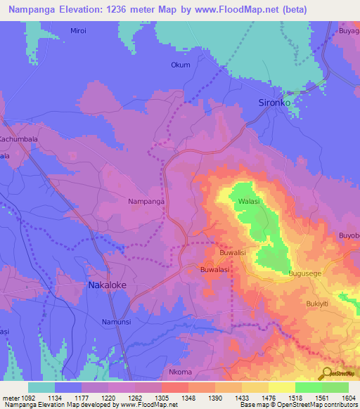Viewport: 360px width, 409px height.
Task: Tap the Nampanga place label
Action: coord(146,202)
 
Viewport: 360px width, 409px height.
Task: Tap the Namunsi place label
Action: coord(117,321)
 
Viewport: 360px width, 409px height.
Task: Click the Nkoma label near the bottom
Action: coord(181,371)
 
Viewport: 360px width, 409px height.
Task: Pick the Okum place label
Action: coord(181,65)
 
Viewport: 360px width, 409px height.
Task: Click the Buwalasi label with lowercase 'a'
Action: coord(217,268)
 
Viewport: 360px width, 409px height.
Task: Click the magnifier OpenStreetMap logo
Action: coord(326,373)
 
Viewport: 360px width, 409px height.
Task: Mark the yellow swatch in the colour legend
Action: coord(281,387)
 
